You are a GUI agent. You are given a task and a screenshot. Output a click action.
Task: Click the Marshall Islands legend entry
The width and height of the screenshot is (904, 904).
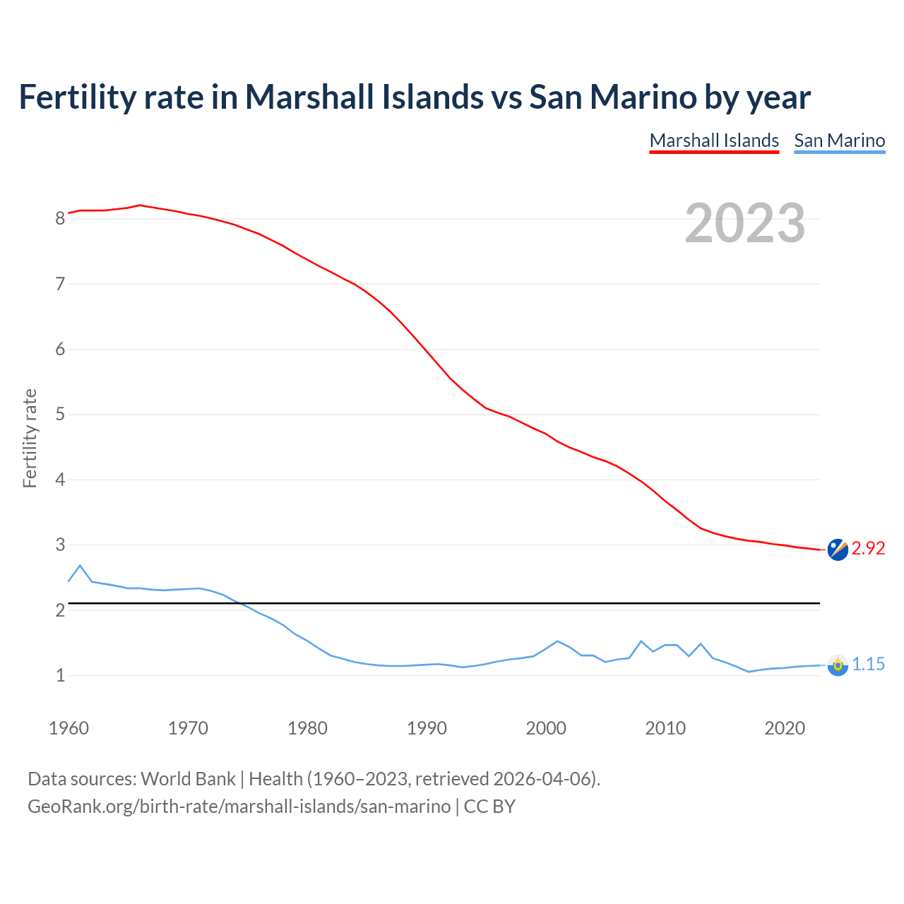click(714, 141)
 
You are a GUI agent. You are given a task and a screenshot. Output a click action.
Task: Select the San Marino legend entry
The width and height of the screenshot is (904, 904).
click(839, 141)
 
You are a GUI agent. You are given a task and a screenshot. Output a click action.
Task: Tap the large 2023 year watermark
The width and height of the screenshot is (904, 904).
click(745, 223)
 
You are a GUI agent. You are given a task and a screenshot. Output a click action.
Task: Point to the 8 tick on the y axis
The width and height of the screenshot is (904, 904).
click(60, 218)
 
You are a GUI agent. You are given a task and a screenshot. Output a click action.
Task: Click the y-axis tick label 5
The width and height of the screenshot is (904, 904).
click(60, 414)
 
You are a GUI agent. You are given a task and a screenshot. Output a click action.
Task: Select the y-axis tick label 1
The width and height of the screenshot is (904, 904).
click(60, 675)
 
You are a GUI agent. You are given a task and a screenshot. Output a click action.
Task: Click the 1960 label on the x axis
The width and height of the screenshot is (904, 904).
click(69, 728)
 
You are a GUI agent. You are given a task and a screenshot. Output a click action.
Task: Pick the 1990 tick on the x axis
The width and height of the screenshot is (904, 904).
click(427, 728)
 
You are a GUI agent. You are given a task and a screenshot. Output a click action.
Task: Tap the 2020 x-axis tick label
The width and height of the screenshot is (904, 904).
click(785, 728)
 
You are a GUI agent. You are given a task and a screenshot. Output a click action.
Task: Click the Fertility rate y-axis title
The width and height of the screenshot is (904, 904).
click(30, 438)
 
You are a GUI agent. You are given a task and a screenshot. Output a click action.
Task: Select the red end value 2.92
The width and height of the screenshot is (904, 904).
click(868, 549)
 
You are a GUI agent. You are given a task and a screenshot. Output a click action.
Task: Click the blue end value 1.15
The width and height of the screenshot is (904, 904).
click(868, 665)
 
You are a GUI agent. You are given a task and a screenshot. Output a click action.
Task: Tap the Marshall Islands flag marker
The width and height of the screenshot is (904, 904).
click(838, 549)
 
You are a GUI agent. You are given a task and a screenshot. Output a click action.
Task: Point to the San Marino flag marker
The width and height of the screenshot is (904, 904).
click(838, 665)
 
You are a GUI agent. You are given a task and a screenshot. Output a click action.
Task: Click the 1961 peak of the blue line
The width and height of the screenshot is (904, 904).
click(80, 566)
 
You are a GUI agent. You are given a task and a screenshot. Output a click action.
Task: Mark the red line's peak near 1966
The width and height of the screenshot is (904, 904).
click(140, 206)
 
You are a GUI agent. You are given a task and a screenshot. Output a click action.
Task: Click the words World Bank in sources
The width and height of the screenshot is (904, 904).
click(188, 779)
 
